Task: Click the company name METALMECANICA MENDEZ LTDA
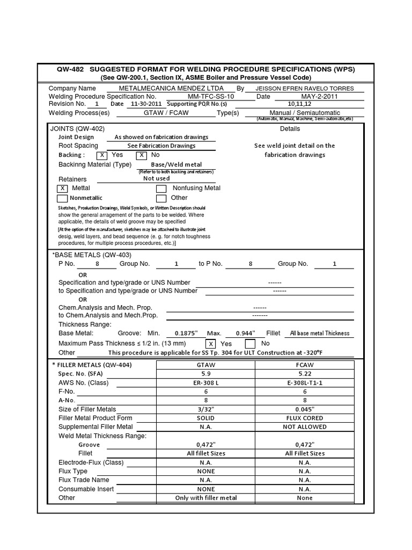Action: pos(172,88)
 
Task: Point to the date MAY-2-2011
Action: pos(319,96)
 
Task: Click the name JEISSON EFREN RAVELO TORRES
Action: pos(305,88)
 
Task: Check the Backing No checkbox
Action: pos(141,155)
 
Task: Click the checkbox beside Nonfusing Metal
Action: pos(161,189)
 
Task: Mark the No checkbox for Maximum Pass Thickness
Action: pos(250,344)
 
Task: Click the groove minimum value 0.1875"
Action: pos(183,333)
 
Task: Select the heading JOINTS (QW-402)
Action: pos(77,129)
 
